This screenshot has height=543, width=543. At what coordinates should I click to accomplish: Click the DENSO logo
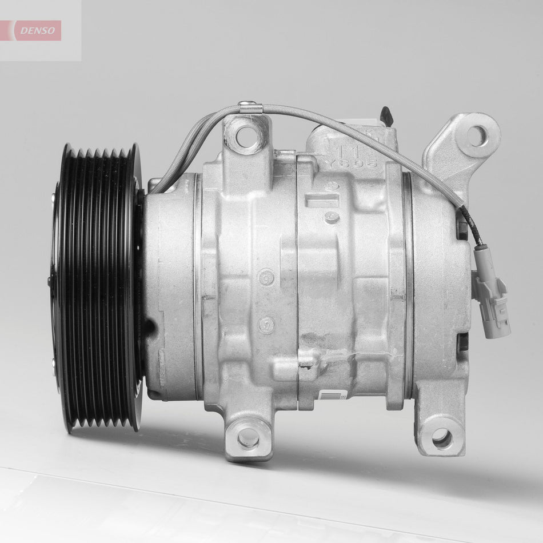(x=38, y=31)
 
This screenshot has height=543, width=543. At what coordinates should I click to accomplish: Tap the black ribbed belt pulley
(x=97, y=286)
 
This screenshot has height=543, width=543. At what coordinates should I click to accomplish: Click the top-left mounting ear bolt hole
(x=246, y=136)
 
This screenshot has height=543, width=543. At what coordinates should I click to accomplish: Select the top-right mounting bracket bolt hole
(x=476, y=135)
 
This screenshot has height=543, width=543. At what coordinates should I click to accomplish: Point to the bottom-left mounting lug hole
(x=248, y=438)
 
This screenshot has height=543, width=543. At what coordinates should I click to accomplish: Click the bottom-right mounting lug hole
(x=442, y=438)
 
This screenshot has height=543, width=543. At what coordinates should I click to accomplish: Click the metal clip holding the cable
(x=250, y=107)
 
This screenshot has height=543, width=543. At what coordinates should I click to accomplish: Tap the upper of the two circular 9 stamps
(x=266, y=278)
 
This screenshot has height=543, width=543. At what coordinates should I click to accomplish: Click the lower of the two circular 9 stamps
(x=266, y=325)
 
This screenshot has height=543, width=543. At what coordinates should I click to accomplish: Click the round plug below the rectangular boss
(x=332, y=217)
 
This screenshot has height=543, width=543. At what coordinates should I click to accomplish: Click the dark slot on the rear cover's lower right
(x=463, y=342)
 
